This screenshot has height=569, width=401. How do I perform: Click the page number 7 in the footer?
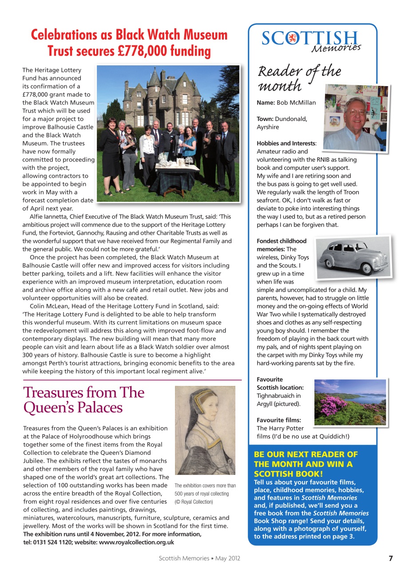(x=390, y=558)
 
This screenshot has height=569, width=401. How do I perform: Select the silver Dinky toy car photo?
(x=353, y=257)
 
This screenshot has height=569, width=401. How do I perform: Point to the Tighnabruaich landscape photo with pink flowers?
(x=350, y=402)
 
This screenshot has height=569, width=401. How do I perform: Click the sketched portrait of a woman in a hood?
(x=205, y=430)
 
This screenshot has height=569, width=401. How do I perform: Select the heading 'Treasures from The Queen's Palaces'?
(x=83, y=400)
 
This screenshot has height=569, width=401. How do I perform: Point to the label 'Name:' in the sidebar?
(x=266, y=103)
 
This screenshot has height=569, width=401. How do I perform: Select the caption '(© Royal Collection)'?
(x=194, y=502)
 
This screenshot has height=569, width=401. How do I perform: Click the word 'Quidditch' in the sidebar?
(x=330, y=437)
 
